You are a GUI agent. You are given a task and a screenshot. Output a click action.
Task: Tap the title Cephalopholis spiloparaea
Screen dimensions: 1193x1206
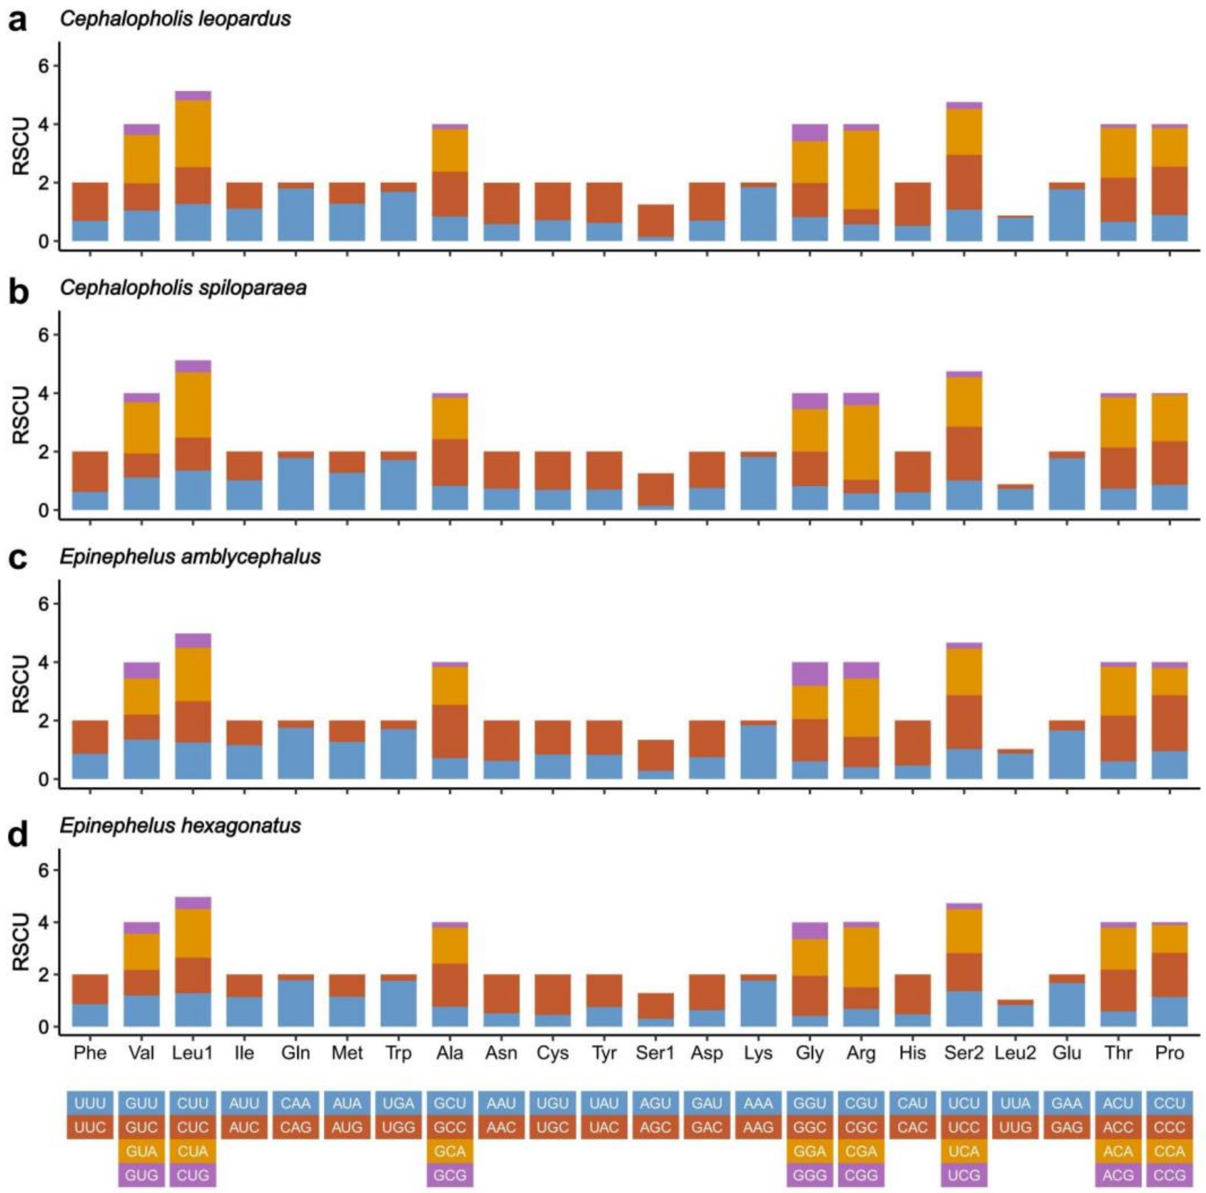coord(183,288)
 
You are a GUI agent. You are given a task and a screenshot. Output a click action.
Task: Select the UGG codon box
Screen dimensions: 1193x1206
coord(398,1127)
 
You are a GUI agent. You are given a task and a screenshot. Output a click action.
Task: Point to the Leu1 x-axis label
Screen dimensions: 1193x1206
coord(193,1053)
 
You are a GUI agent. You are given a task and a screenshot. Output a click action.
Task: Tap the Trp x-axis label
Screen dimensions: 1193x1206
coord(398,1053)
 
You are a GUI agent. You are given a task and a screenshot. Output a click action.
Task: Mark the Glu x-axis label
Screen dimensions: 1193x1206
coord(1066,1053)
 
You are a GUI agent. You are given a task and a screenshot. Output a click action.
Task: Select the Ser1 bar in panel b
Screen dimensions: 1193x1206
coord(655,490)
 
